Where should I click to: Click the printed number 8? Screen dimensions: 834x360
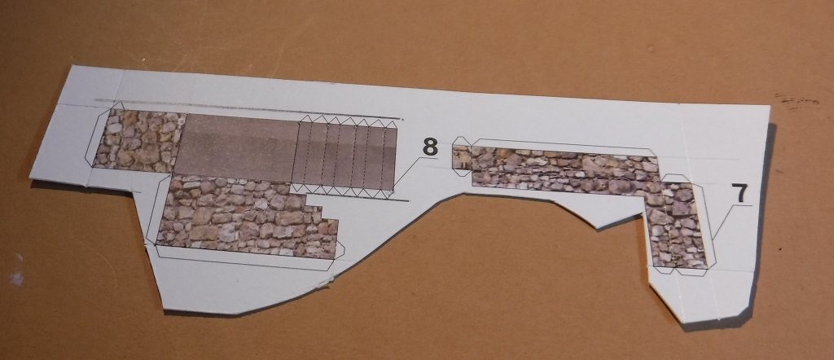click(x=430, y=147)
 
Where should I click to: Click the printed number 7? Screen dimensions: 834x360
click(x=740, y=194)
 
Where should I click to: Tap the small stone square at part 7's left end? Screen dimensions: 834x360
click(x=463, y=158)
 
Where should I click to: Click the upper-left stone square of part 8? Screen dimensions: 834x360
click(x=139, y=141)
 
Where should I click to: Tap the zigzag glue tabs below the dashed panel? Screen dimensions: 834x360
click(x=341, y=191)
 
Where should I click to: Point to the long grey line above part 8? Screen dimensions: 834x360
click(x=248, y=109)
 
